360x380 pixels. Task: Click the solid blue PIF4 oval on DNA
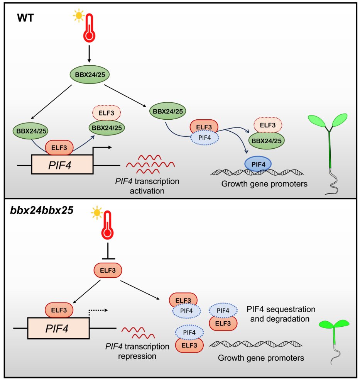(x=258, y=164)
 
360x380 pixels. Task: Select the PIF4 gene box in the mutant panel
(x=58, y=328)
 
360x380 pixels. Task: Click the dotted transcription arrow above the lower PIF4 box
(x=99, y=310)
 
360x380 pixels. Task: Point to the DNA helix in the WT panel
(x=258, y=172)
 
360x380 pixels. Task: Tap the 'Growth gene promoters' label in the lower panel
(x=261, y=358)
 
